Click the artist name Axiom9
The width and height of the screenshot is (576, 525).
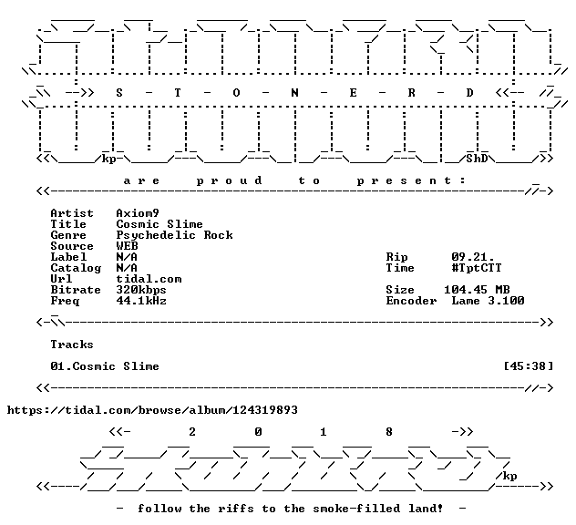138,213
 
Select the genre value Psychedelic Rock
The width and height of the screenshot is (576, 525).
174,235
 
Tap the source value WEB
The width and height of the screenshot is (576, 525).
127,246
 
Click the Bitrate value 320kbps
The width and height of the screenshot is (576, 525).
141,290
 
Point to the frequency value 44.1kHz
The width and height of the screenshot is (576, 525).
141,301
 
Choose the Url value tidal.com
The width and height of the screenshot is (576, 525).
149,279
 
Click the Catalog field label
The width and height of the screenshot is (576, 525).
76,269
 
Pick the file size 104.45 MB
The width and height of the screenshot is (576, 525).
477,290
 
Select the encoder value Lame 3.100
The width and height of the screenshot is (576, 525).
488,301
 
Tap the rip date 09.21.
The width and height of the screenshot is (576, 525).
473,257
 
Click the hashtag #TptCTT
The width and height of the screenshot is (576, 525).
477,268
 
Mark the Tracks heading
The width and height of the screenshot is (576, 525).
72,345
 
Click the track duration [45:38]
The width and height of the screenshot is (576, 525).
529,366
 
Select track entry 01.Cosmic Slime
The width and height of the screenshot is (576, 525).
105,366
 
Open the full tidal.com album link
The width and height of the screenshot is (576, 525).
152,410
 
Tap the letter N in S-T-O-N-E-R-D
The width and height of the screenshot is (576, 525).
294,93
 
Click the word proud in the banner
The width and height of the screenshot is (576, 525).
230,180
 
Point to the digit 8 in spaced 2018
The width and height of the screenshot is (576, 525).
389,432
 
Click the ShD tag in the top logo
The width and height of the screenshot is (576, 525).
477,159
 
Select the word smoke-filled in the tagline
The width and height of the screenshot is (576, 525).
356,509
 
